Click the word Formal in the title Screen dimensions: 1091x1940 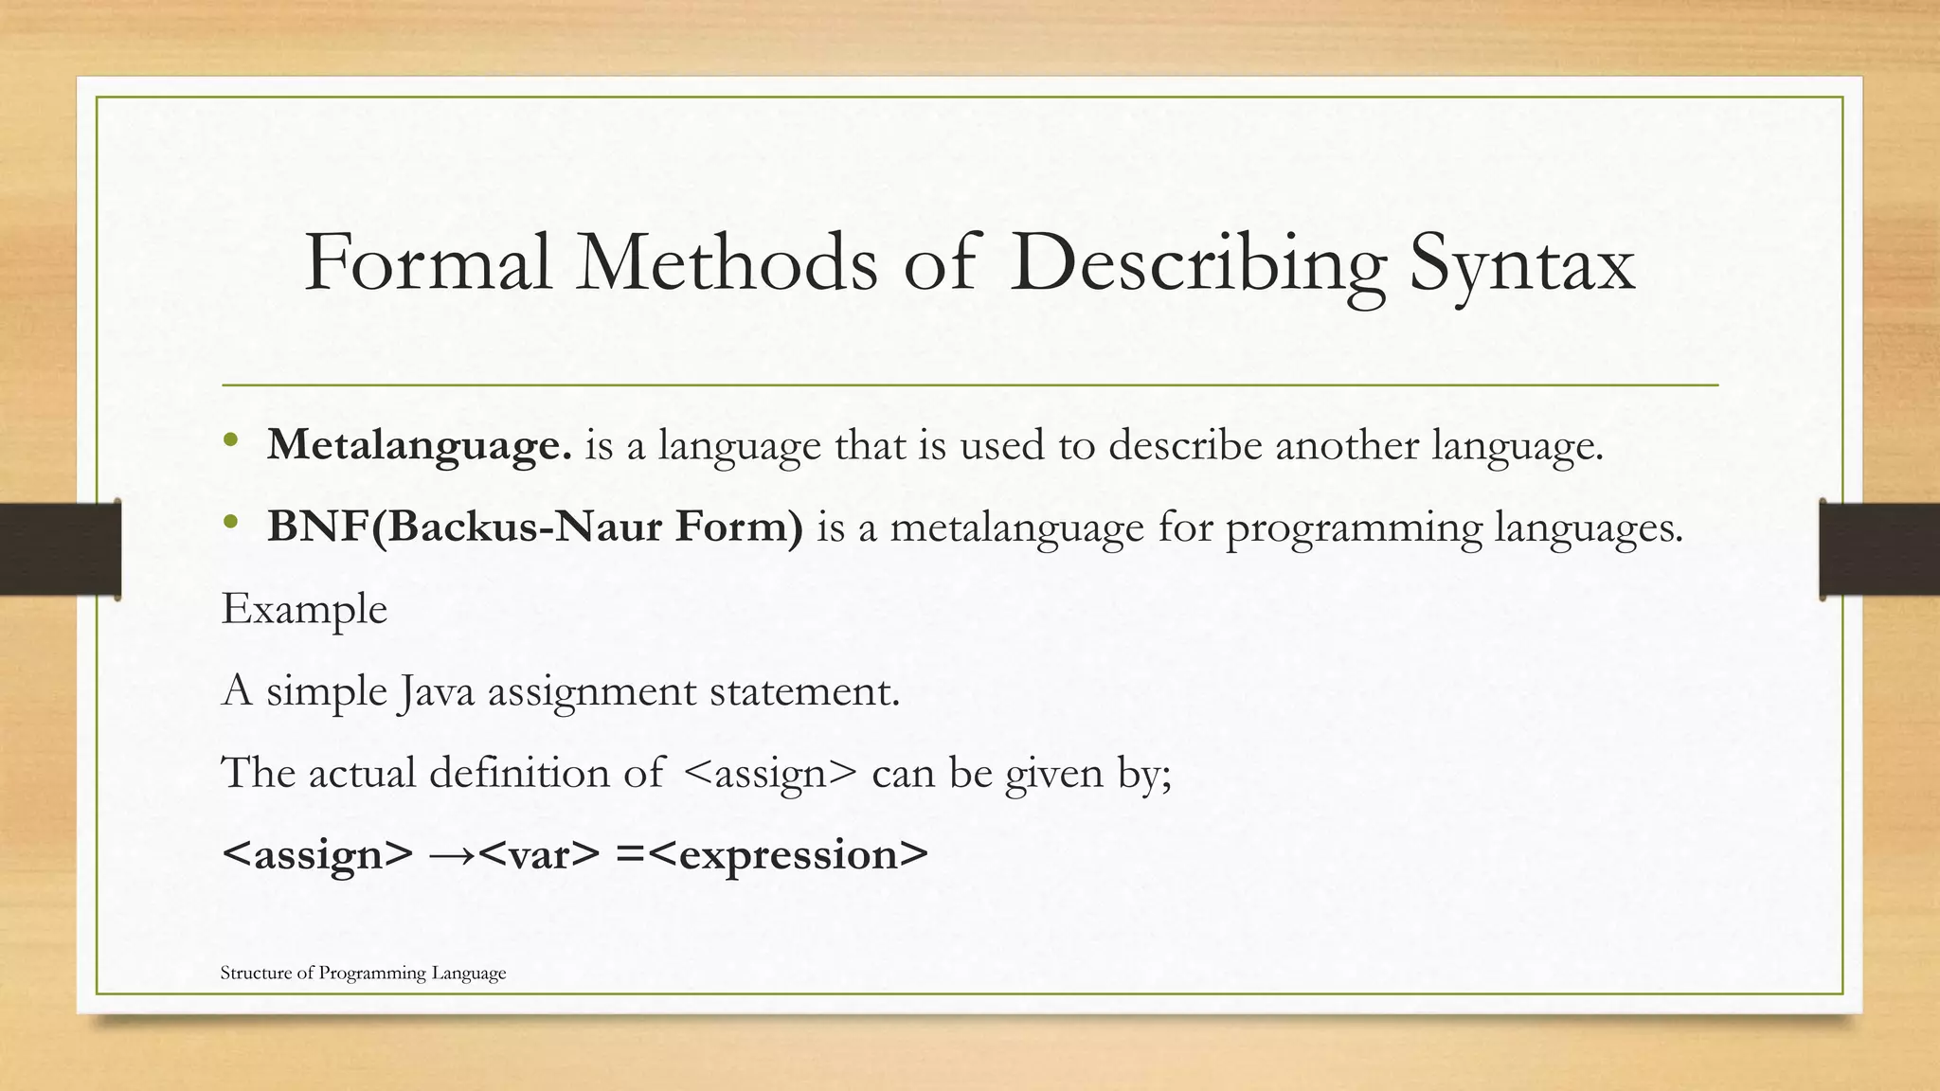coord(427,263)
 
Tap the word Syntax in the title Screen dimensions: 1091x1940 coord(1522,263)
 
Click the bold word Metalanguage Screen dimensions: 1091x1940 coord(420,445)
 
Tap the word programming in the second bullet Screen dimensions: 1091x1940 coord(1354,528)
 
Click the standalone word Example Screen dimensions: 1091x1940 coord(304,609)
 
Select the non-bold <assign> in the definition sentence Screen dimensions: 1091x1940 coord(768,774)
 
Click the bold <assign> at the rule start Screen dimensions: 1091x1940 coord(317,855)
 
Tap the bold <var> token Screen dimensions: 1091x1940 coord(539,855)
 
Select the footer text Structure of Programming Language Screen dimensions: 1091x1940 coord(363,973)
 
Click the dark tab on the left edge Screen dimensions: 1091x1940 coord(60,549)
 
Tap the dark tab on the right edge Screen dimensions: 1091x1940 coord(1879,549)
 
